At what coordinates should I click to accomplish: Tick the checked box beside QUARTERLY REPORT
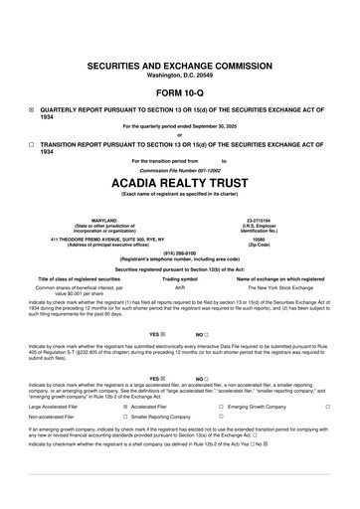point(32,110)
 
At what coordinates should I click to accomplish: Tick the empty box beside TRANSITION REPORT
point(32,144)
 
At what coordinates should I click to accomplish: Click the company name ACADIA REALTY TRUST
point(180,182)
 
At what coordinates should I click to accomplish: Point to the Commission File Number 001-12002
point(180,170)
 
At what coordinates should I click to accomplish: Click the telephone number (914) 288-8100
point(180,253)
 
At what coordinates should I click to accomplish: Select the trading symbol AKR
point(180,286)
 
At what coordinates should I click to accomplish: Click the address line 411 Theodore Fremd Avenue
point(90,239)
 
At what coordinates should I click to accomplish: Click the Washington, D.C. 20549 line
point(180,74)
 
